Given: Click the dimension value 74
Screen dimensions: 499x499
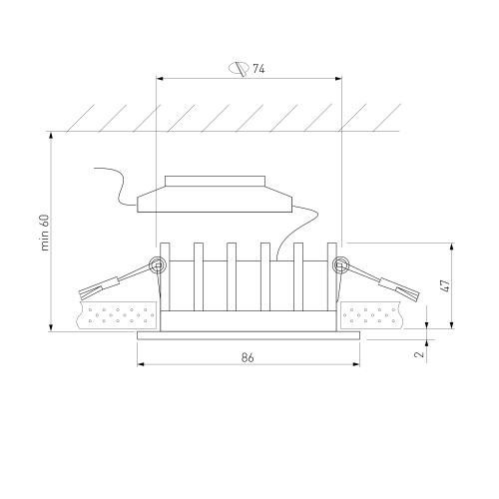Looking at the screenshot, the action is [258, 69].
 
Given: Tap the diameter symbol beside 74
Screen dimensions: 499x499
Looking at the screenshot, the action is [239, 69].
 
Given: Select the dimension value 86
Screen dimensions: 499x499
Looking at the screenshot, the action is [248, 357].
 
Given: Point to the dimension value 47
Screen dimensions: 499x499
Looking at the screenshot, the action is [445, 285].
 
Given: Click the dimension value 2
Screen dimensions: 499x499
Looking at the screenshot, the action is [420, 354].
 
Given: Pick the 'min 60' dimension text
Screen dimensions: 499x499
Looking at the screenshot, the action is [45, 233].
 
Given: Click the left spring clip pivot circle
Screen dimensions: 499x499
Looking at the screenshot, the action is [157, 265].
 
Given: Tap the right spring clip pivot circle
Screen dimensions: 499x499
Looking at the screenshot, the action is [340, 265].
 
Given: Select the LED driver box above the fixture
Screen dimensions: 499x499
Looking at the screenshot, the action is [215, 195].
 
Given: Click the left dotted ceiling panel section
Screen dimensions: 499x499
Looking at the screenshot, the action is [117, 315].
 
